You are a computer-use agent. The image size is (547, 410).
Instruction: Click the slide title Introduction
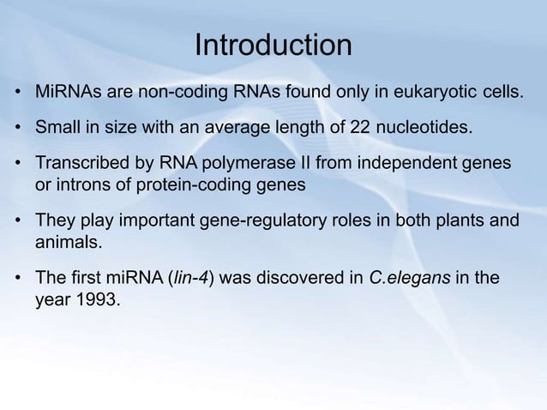pos(273,45)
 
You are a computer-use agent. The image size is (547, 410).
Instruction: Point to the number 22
pos(363,129)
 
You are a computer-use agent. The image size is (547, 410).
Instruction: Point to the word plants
pos(457,222)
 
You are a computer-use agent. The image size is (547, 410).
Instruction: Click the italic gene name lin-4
pos(193,280)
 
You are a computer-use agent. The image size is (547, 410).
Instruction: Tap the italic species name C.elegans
pos(405,280)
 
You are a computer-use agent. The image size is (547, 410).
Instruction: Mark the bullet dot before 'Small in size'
pos(18,130)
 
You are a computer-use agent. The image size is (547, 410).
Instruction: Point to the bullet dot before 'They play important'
pos(18,223)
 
